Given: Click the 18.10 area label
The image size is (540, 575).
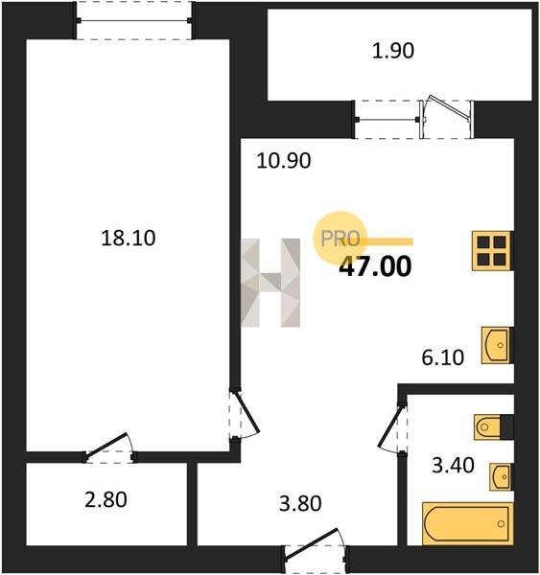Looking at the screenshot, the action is (x=129, y=238).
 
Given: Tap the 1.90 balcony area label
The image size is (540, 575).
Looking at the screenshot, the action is (x=393, y=51).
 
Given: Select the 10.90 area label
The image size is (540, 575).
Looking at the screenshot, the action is (x=284, y=161).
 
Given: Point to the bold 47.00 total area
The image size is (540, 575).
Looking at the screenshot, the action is (x=375, y=266).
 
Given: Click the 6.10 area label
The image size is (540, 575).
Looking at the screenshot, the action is (x=443, y=357).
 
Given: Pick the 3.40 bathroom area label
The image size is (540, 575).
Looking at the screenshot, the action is (x=453, y=466).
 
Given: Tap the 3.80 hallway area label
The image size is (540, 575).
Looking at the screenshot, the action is (x=300, y=503).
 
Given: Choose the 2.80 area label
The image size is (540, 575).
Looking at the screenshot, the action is (x=106, y=499).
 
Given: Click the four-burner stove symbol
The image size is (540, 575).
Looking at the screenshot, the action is (x=492, y=251).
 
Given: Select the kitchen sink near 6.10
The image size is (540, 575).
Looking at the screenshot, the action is (x=497, y=345).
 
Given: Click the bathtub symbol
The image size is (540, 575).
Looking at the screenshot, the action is (x=467, y=523).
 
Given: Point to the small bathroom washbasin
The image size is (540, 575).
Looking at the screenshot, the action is (x=501, y=477).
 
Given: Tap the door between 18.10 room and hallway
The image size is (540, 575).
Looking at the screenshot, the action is (x=245, y=413).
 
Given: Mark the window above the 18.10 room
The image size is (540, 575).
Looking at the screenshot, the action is (x=133, y=20).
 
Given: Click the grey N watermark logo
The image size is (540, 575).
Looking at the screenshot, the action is (x=270, y=283).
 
